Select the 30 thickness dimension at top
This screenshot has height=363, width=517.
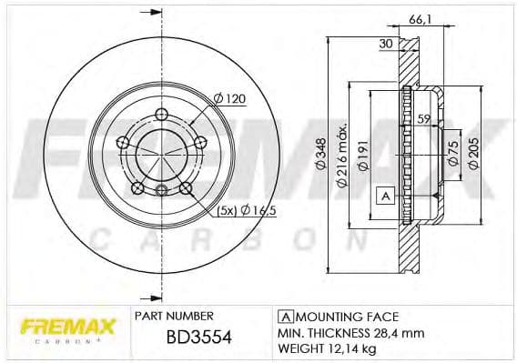[x=386, y=43]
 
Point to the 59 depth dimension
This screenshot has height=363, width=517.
[x=422, y=118]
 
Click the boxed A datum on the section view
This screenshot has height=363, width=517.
[x=385, y=196]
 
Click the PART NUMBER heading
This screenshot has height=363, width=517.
[x=173, y=316]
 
